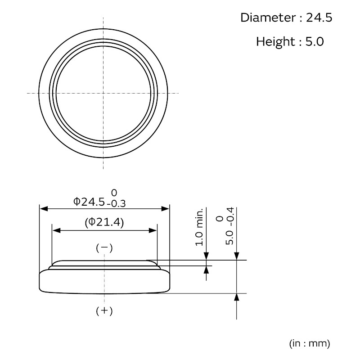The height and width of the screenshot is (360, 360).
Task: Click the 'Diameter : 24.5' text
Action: pyautogui.click(x=286, y=18)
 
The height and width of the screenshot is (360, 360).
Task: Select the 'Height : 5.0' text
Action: pyautogui.click(x=290, y=41)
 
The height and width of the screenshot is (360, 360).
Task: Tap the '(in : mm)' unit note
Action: pyautogui.click(x=310, y=343)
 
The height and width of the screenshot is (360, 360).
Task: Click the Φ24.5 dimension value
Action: pyautogui.click(x=89, y=202)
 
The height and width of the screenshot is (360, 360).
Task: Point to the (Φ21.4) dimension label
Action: pyautogui.click(x=104, y=222)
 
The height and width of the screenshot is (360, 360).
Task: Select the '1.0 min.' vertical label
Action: pyautogui.click(x=199, y=227)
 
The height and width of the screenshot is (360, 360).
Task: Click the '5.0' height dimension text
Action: pyautogui.click(x=229, y=238)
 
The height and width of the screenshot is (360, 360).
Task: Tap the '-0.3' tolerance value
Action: pyautogui.click(x=116, y=204)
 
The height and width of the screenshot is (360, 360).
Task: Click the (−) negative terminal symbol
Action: pyautogui.click(x=104, y=248)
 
